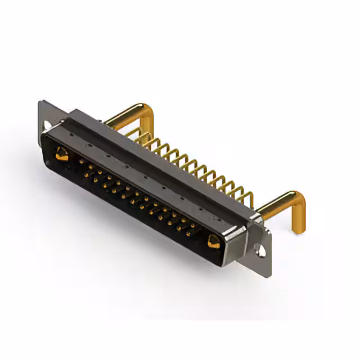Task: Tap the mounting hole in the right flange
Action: [260, 247]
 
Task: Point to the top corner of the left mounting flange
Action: [42, 102]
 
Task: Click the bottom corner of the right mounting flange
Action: [269, 274]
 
